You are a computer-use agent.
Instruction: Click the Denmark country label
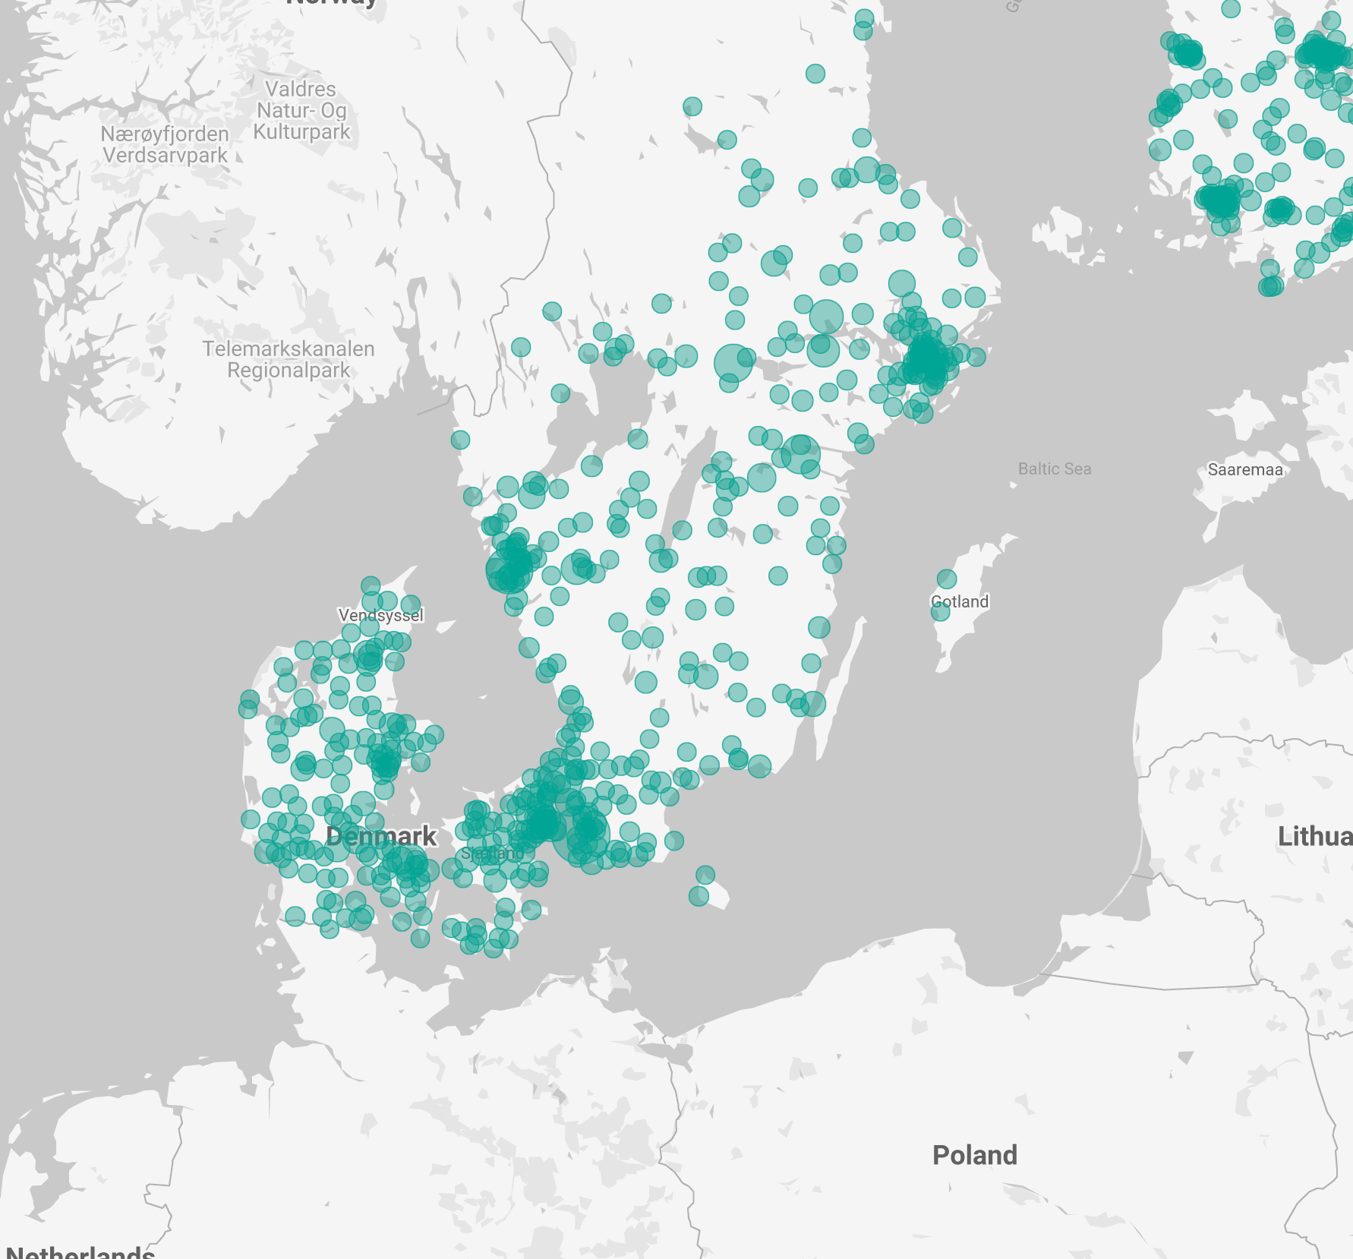tap(380, 836)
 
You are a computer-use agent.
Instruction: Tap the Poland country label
tap(974, 1155)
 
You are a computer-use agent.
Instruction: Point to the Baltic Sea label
tap(1054, 469)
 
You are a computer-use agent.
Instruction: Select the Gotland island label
tap(960, 601)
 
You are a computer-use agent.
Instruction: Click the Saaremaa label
tap(1245, 469)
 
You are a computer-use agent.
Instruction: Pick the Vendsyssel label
tap(380, 615)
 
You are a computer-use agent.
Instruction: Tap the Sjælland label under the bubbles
tap(492, 854)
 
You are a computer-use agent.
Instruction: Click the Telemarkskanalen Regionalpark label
tap(289, 359)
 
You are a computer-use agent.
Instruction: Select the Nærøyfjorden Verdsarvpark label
tap(165, 144)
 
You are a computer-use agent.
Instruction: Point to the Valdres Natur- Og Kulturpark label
tap(301, 110)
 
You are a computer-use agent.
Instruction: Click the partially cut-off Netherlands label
tap(80, 1251)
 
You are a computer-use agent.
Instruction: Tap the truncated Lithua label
tap(1314, 836)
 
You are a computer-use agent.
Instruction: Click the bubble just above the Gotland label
tap(946, 579)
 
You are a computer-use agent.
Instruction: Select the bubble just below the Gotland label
tap(940, 612)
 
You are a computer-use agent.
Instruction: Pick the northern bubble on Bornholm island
tap(705, 875)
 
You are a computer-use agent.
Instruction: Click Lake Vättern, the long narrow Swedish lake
tap(687, 486)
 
